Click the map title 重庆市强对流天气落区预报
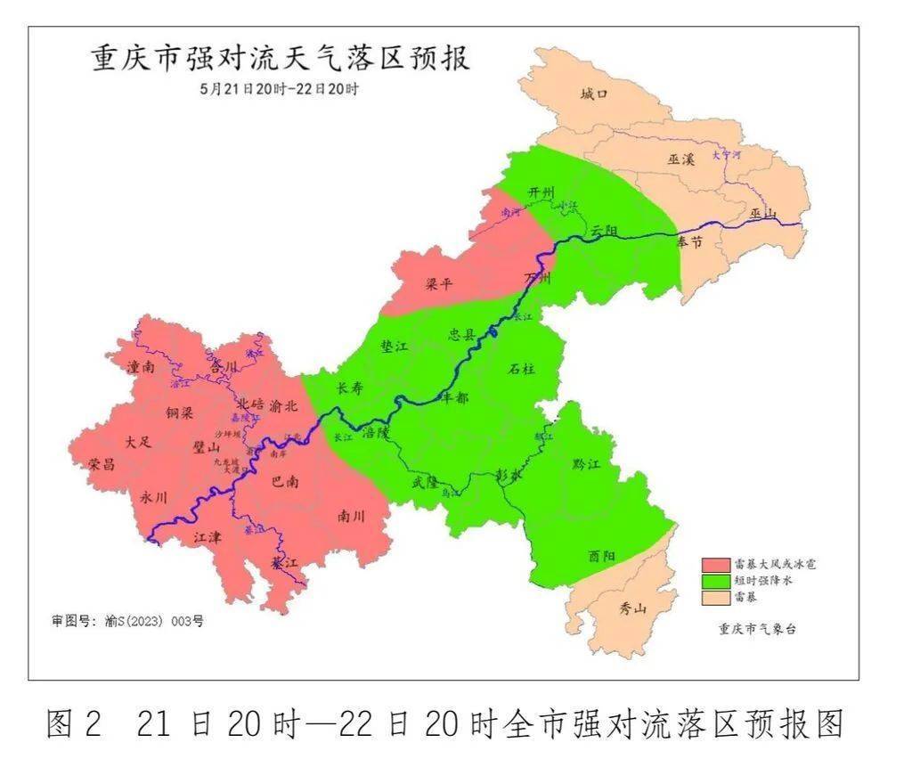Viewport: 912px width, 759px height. pos(281,59)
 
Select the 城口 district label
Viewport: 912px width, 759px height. pos(593,94)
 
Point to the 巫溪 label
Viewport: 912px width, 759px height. pos(680,159)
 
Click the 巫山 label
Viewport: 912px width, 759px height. pos(763,213)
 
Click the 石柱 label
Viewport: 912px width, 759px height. pos(521,368)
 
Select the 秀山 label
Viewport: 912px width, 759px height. pos(633,609)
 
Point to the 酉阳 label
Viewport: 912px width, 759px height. pos(601,556)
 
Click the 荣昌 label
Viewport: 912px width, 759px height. pos(102,464)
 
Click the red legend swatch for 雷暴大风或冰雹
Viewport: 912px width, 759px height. pos(715,564)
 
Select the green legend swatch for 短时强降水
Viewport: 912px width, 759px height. pos(715,580)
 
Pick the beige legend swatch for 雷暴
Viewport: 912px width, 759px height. pos(715,596)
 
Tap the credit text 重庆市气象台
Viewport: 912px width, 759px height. pos(757,628)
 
